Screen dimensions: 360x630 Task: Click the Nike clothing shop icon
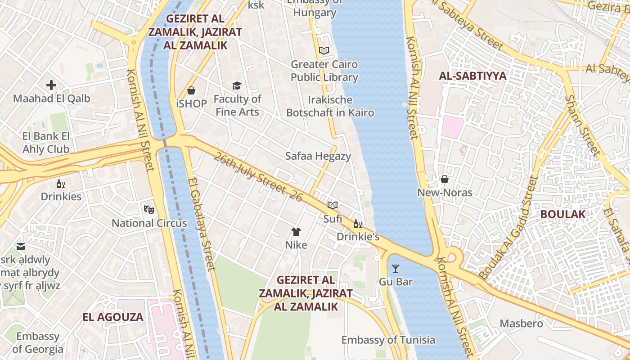click(296, 232)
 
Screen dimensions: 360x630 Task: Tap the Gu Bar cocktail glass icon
click(396, 269)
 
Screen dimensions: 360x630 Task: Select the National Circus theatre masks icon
click(149, 209)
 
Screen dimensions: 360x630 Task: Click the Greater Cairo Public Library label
click(324, 71)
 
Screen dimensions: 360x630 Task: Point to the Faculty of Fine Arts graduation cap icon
click(237, 85)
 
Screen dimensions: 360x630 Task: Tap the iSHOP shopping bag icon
click(191, 90)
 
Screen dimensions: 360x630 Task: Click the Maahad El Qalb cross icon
click(51, 85)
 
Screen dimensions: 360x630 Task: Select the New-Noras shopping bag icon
click(445, 179)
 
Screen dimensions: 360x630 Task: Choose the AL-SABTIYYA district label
click(472, 76)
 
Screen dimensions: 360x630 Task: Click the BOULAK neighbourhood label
click(563, 214)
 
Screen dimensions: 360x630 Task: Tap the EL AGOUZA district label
click(113, 317)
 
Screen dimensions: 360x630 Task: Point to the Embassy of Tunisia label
click(388, 340)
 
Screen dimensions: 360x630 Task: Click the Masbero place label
click(522, 324)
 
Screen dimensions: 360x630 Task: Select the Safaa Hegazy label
click(318, 156)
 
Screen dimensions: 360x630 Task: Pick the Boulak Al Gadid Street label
click(509, 228)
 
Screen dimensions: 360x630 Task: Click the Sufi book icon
click(333, 206)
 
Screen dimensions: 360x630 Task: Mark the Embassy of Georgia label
click(38, 342)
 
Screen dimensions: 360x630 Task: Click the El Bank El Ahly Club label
click(46, 143)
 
